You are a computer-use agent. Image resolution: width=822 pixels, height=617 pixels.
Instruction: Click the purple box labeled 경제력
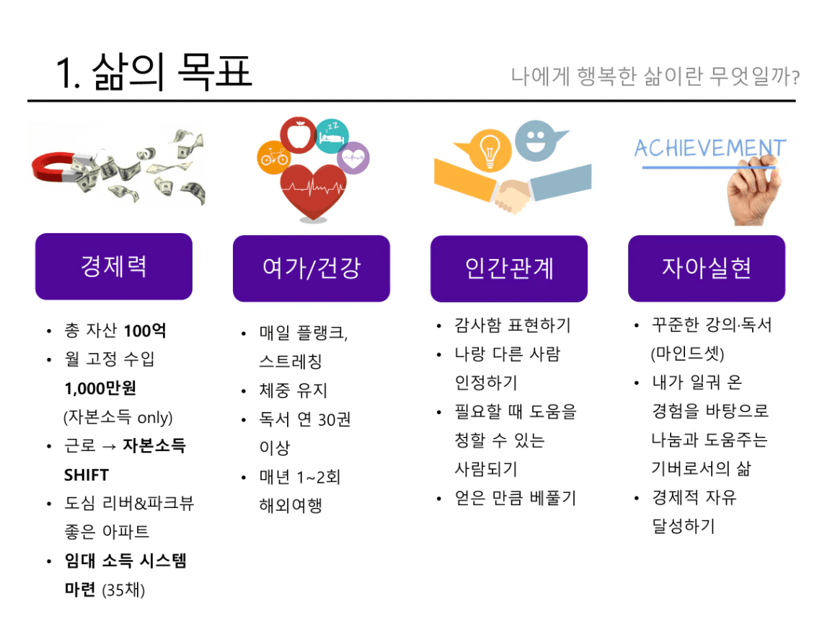pyautogui.click(x=114, y=266)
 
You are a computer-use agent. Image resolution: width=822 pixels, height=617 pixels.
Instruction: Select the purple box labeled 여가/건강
pyautogui.click(x=311, y=268)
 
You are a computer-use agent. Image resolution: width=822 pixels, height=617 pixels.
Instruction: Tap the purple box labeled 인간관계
pyautogui.click(x=509, y=268)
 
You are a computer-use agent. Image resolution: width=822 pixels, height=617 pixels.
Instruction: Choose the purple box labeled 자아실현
pyautogui.click(x=707, y=268)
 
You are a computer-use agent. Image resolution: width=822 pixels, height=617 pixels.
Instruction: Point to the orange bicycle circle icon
pyautogui.click(x=274, y=157)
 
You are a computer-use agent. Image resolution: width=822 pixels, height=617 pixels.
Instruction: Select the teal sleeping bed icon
pyautogui.click(x=332, y=136)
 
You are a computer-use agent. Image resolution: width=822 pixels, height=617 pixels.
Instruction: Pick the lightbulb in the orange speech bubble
pyautogui.click(x=490, y=150)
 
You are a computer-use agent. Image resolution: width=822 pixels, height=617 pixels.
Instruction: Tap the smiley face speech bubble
pyautogui.click(x=537, y=141)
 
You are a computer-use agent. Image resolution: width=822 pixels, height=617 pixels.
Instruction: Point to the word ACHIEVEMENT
pyautogui.click(x=710, y=148)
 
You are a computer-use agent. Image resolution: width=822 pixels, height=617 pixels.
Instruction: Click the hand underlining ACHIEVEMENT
pyautogui.click(x=753, y=192)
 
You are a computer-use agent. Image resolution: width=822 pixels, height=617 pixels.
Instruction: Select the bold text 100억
pyautogui.click(x=145, y=331)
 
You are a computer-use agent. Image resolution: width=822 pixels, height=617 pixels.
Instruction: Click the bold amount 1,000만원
pyautogui.click(x=100, y=388)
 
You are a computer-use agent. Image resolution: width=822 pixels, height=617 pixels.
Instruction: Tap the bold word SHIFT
pyautogui.click(x=87, y=475)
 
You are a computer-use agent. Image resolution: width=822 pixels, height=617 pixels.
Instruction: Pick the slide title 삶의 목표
pyautogui.click(x=172, y=72)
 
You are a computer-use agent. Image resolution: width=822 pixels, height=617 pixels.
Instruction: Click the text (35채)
pyautogui.click(x=123, y=590)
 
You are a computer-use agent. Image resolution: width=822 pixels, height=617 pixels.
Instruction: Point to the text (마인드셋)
pyautogui.click(x=687, y=354)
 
